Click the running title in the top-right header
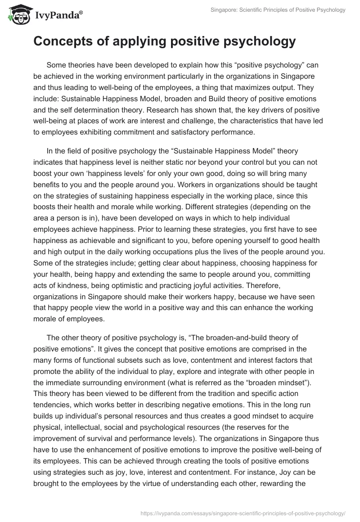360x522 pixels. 278,10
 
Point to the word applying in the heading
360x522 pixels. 131,41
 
